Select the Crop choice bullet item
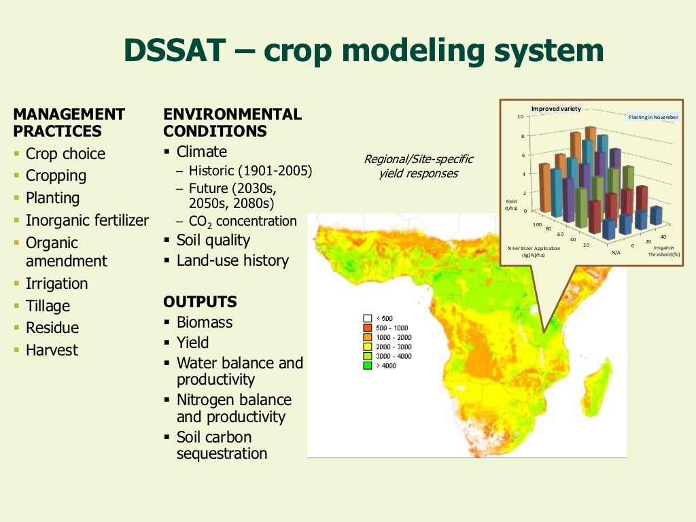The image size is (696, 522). coord(65,154)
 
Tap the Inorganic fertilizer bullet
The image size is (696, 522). coord(86,220)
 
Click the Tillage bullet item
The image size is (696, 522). coord(48,306)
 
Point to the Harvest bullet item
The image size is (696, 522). coord(52,350)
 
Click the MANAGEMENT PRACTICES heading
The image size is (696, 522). coord(69,122)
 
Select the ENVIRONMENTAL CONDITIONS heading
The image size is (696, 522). coord(232,122)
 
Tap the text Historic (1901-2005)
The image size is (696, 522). coord(250,171)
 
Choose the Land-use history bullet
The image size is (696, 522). coord(232,260)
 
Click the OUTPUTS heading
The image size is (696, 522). coord(200,302)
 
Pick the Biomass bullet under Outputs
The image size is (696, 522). coord(204,322)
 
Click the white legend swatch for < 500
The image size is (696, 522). coord(368,318)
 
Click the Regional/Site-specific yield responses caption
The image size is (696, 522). coord(418,166)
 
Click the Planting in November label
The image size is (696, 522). coord(652,117)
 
